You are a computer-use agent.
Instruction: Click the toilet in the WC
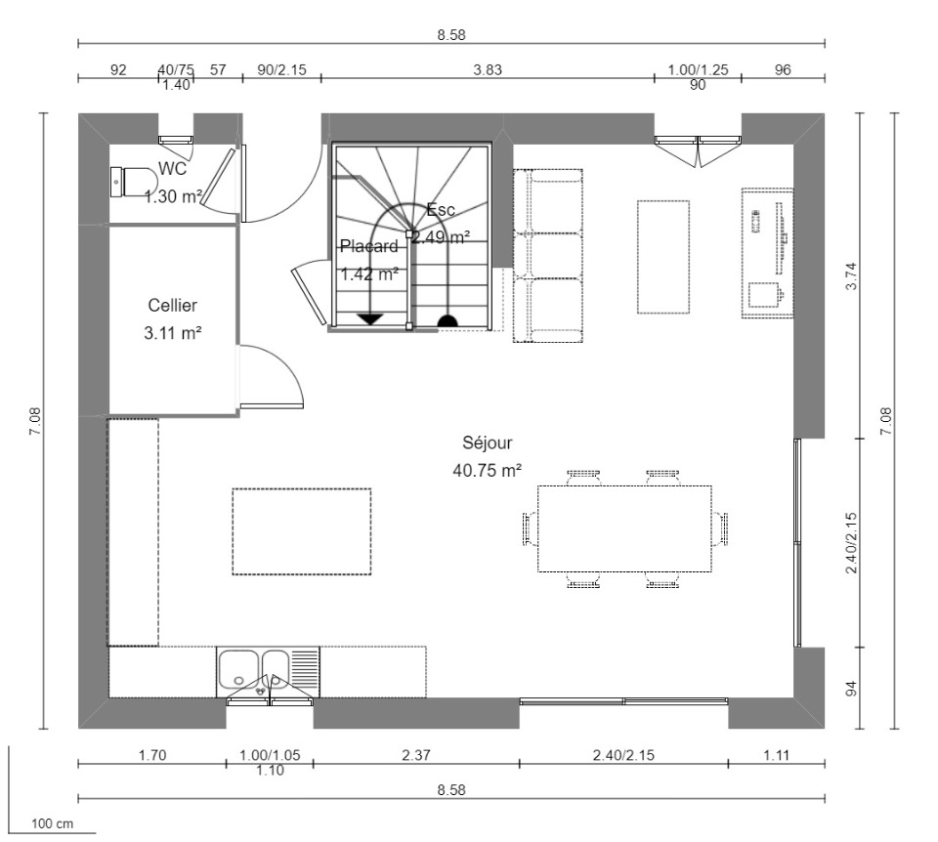(x=134, y=182)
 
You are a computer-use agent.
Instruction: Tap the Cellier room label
(x=172, y=306)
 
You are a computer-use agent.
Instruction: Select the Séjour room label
(x=487, y=443)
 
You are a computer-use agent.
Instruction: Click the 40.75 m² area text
(x=487, y=471)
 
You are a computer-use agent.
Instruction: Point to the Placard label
(x=368, y=246)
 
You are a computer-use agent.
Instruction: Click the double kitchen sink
(x=268, y=672)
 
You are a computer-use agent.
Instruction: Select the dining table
(x=624, y=528)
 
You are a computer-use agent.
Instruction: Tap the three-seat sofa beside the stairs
(x=548, y=256)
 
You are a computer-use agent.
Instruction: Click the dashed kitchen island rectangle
(x=302, y=531)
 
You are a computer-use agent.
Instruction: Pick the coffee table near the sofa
(x=662, y=257)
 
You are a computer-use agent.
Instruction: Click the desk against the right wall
(x=768, y=253)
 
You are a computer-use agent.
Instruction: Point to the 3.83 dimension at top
(x=488, y=70)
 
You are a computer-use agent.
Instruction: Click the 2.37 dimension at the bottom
(x=416, y=755)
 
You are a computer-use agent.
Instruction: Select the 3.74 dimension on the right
(x=851, y=276)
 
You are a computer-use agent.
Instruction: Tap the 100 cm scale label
(x=52, y=823)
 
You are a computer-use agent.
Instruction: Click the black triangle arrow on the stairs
(x=370, y=318)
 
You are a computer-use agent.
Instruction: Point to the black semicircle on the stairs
(x=448, y=320)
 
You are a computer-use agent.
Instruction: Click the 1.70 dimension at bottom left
(x=152, y=755)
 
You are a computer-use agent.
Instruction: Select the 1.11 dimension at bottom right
(x=777, y=755)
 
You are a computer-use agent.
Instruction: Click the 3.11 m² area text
(x=172, y=333)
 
